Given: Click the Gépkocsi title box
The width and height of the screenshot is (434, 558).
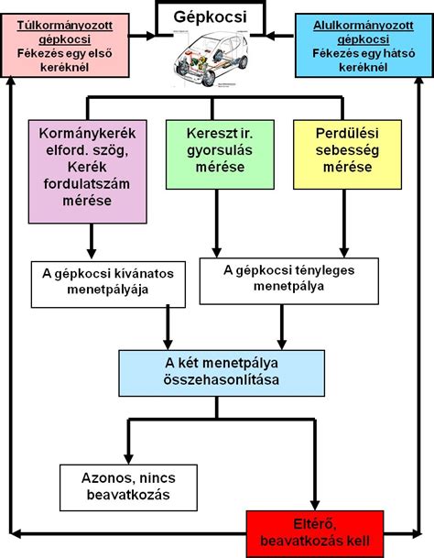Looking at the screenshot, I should tap(217, 16).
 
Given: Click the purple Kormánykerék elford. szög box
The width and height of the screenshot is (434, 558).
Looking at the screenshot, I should tap(88, 170).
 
